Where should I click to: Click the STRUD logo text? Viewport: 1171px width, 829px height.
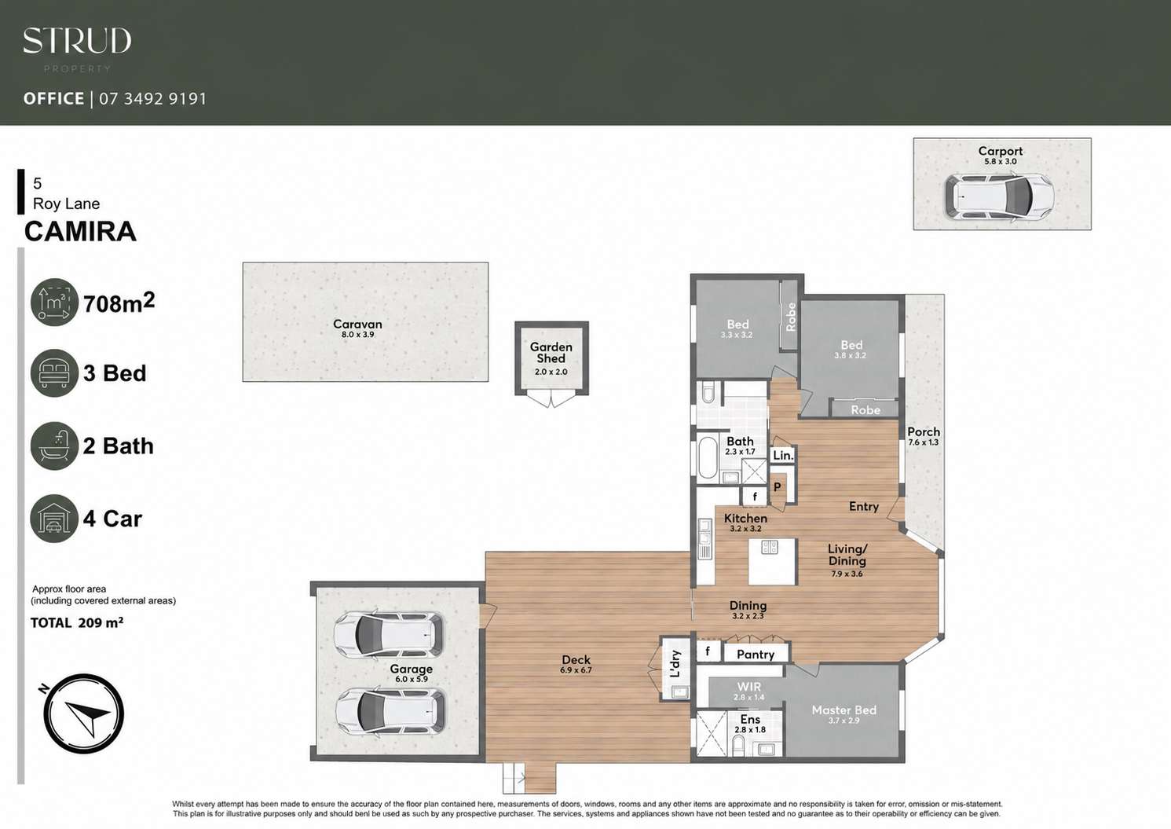click(77, 41)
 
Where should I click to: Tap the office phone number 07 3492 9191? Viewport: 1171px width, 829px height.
click(153, 98)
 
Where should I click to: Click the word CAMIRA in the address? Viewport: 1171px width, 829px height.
click(81, 231)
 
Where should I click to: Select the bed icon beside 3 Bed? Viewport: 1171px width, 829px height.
click(54, 373)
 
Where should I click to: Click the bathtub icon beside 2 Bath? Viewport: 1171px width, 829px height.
click(54, 446)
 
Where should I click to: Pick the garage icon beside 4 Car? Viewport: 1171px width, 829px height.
click(54, 519)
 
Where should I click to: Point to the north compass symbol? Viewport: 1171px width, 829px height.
click(83, 713)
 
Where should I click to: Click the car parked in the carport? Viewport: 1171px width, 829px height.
click(998, 196)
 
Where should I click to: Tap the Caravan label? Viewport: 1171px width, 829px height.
click(357, 324)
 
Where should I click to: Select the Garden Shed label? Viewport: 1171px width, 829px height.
click(551, 353)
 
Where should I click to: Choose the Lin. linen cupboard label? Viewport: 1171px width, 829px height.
click(783, 456)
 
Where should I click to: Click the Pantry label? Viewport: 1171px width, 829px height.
click(756, 655)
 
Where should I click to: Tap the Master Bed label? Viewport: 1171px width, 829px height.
click(843, 710)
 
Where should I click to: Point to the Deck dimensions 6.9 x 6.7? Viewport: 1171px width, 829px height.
click(576, 670)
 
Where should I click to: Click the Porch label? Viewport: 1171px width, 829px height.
click(924, 432)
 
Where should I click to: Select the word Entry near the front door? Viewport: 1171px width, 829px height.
click(864, 506)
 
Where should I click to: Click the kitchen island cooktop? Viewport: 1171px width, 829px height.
click(770, 547)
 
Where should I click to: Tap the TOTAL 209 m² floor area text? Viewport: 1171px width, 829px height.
click(77, 622)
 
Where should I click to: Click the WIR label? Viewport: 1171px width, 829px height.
click(749, 686)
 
